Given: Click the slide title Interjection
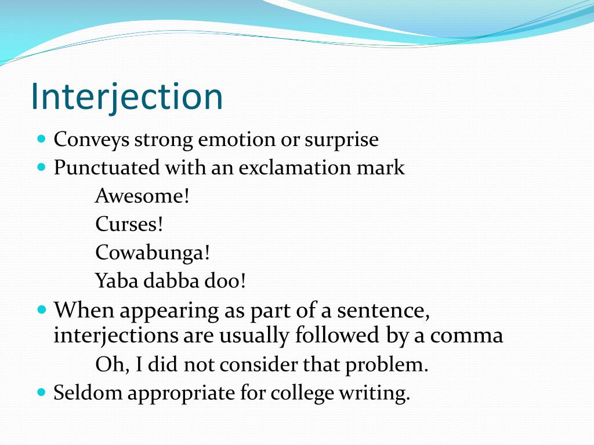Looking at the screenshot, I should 126,96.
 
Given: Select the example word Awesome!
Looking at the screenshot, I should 143,196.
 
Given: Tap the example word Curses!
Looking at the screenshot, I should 129,224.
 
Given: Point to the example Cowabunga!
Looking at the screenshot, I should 153,253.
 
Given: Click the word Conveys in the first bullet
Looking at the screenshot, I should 92,140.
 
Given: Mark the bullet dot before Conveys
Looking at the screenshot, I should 41,140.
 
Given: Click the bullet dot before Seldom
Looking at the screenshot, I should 41,392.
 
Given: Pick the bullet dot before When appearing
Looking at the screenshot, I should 41,310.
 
